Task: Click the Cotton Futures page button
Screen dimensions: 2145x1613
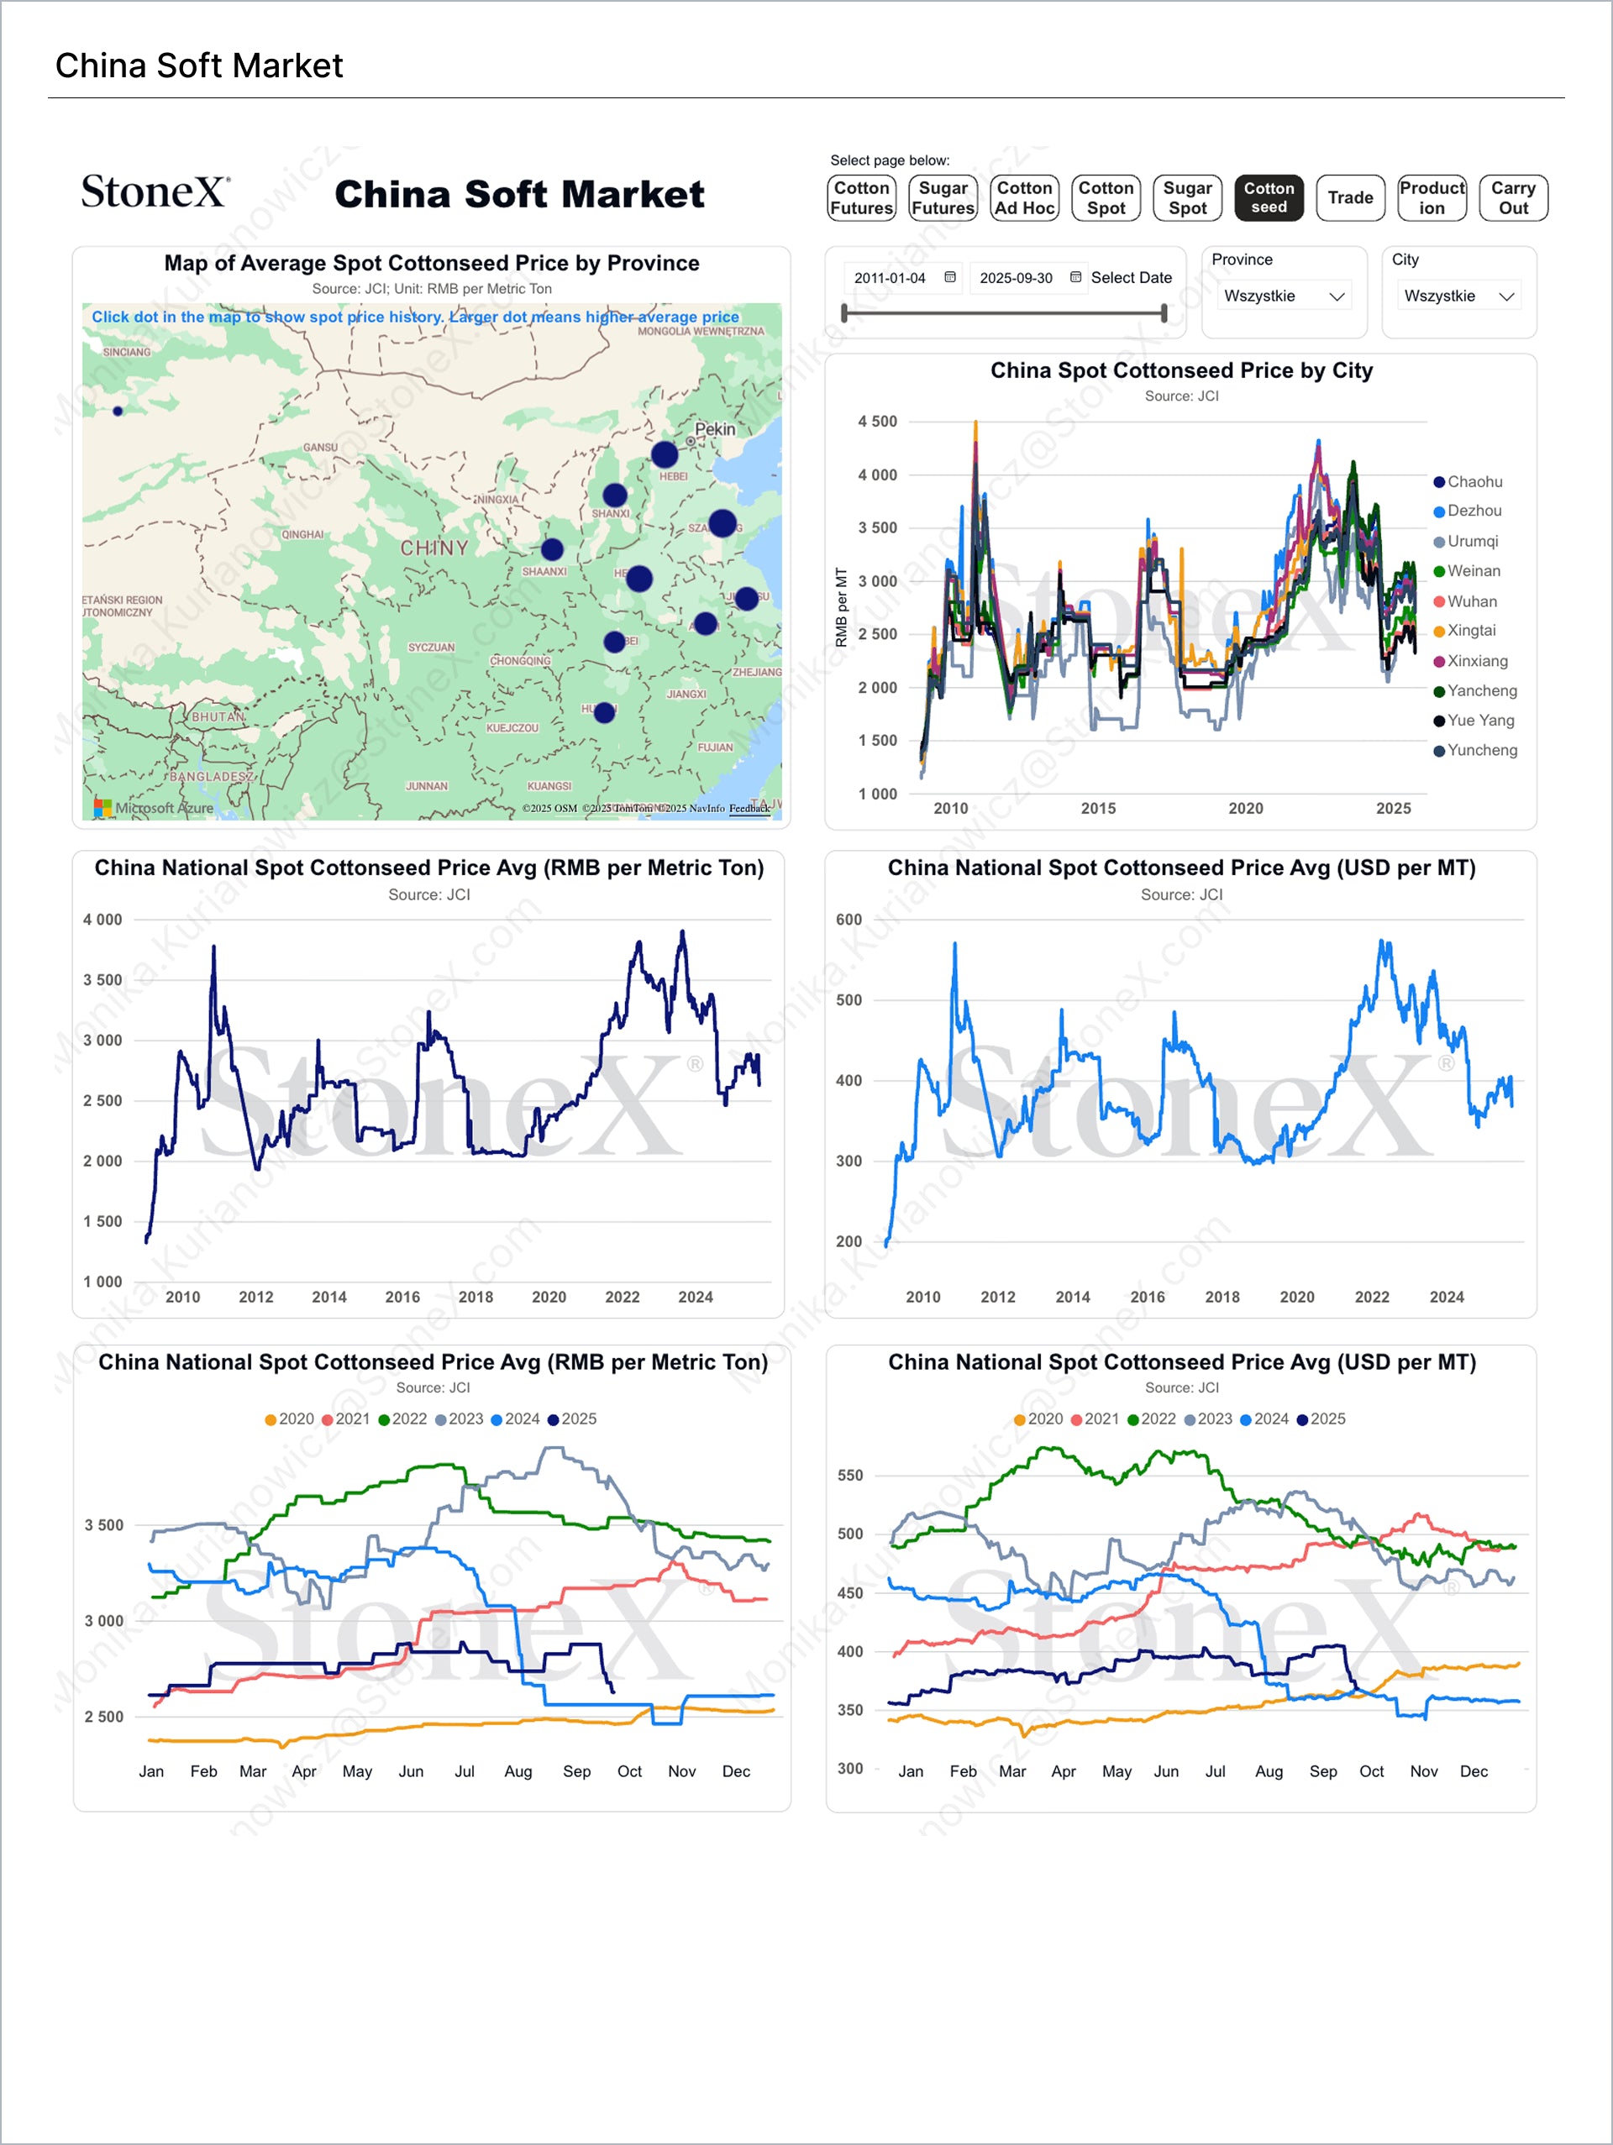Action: click(861, 198)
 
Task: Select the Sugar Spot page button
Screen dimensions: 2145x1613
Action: click(1187, 198)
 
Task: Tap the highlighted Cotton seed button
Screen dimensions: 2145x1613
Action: click(1269, 198)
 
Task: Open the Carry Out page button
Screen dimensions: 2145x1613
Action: click(1512, 198)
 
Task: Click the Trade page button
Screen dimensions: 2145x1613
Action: click(1350, 198)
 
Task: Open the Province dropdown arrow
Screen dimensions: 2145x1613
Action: click(1337, 296)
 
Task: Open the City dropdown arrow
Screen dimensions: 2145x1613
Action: click(1506, 296)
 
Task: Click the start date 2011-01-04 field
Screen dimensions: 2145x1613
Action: click(891, 278)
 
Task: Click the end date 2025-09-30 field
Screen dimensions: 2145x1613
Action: click(1016, 278)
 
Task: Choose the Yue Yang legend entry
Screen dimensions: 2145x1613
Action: click(1479, 721)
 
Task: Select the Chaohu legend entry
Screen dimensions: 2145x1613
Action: click(1474, 482)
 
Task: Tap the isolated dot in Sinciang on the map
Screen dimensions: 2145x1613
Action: click(118, 412)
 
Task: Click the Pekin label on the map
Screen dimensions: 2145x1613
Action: click(715, 428)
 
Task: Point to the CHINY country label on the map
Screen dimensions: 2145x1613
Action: click(433, 548)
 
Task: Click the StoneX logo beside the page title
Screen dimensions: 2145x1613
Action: click(155, 192)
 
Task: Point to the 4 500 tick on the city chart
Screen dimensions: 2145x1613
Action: click(877, 422)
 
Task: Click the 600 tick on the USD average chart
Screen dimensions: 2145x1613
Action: click(848, 920)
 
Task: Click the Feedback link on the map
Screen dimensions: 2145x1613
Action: click(749, 808)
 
